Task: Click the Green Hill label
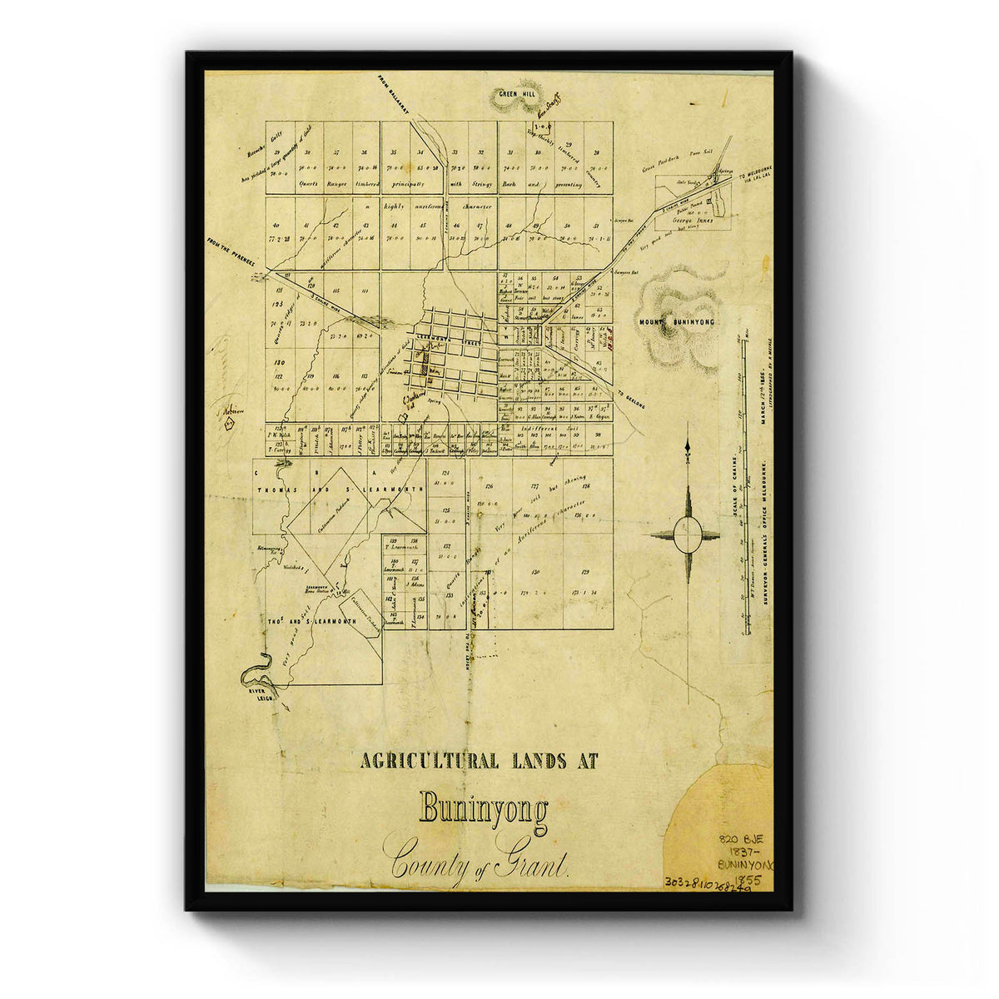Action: [517, 95]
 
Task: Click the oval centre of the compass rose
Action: [688, 534]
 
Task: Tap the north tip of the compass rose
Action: [688, 447]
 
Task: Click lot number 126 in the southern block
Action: [490, 487]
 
